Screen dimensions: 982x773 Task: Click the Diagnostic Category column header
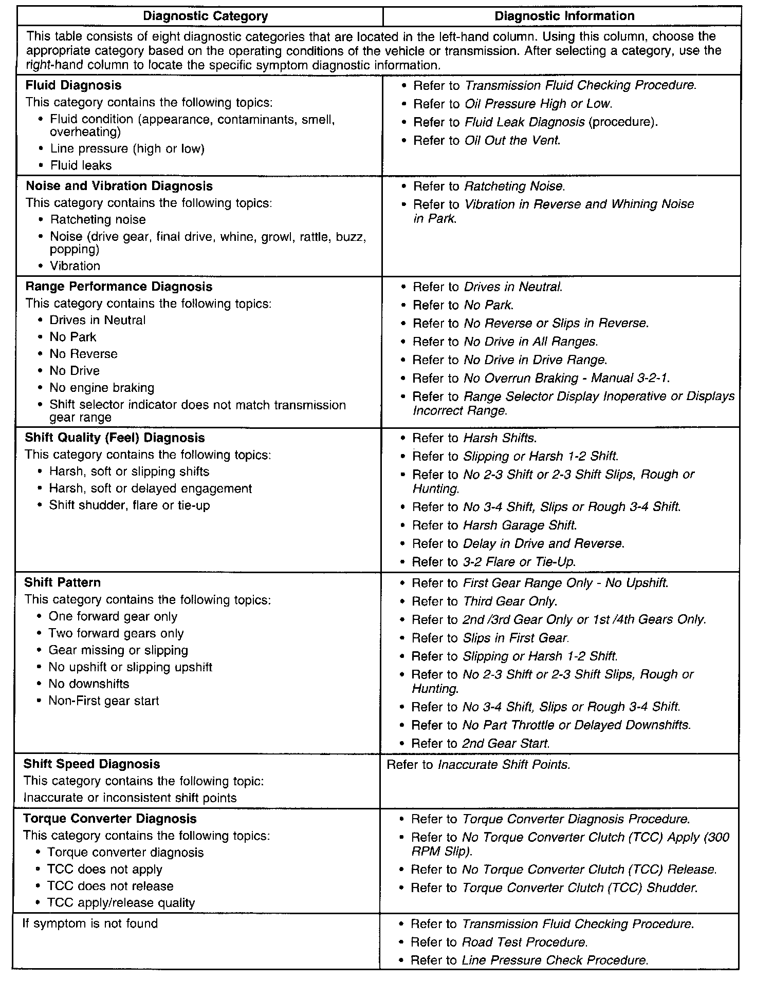point(205,16)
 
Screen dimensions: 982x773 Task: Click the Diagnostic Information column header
point(564,16)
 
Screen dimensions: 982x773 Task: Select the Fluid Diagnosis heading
point(73,85)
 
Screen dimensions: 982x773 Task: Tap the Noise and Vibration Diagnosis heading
point(119,186)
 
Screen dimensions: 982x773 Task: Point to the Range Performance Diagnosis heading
point(119,287)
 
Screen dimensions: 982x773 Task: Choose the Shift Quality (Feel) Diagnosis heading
point(115,438)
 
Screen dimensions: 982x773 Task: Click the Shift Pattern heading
point(62,582)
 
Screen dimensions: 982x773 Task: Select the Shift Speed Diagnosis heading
point(91,764)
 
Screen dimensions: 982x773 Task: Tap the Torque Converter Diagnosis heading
point(109,818)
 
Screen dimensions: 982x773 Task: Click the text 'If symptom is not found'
point(90,923)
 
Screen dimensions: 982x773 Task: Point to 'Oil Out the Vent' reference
point(512,140)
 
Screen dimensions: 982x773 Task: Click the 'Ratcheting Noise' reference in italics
point(514,186)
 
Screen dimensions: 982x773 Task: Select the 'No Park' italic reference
point(488,305)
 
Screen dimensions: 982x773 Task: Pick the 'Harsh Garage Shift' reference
point(520,525)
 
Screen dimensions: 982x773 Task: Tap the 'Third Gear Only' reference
point(510,601)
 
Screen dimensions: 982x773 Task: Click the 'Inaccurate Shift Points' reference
point(504,765)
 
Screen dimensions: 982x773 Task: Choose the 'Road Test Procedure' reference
point(524,942)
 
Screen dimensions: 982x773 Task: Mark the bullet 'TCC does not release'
point(110,886)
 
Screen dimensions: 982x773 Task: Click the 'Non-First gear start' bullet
point(103,701)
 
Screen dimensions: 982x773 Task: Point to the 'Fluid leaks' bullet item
point(81,165)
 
